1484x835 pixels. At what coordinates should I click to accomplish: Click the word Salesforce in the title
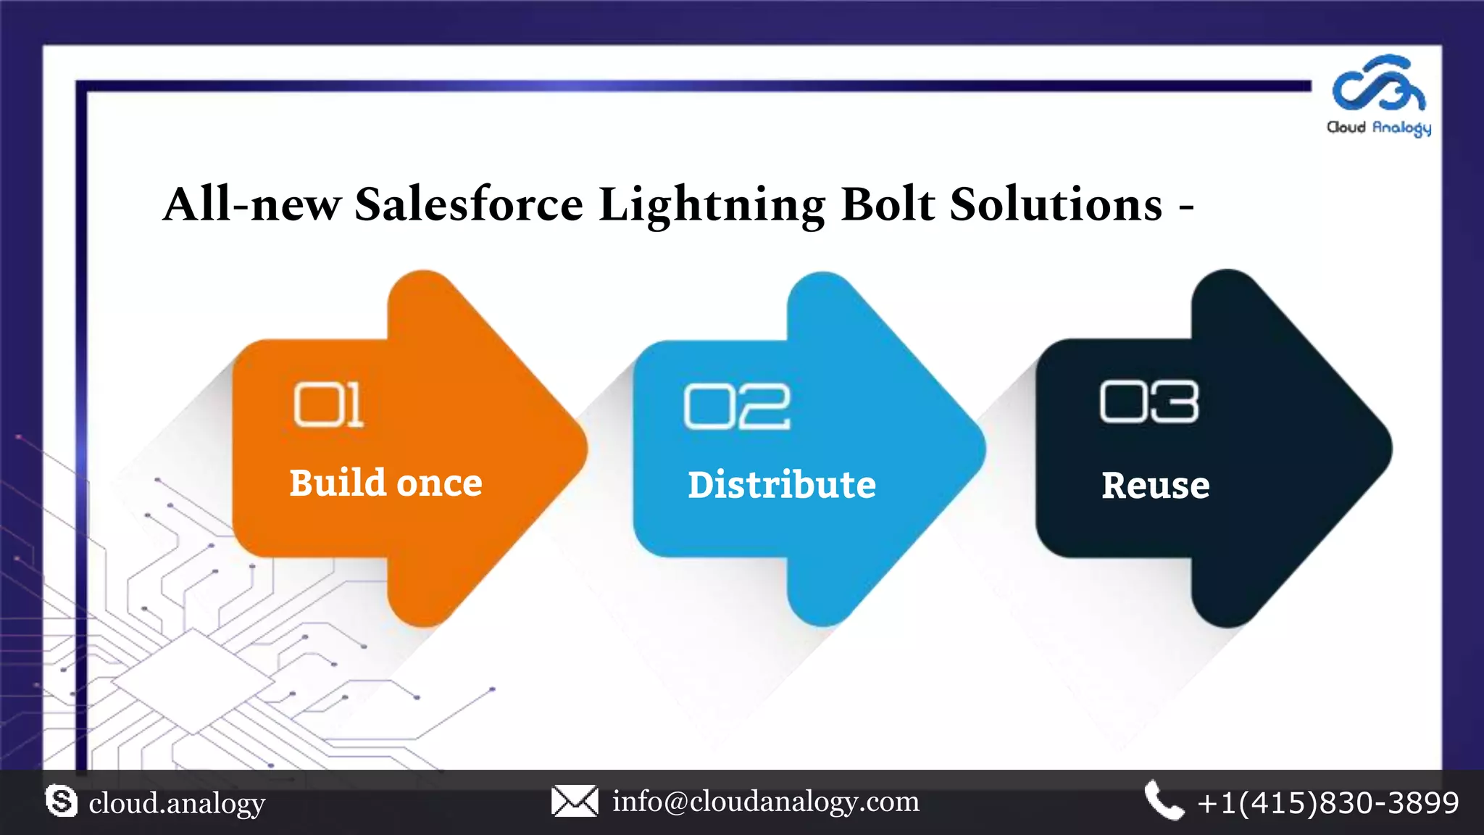point(468,204)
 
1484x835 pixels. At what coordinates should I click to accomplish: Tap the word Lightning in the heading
point(712,205)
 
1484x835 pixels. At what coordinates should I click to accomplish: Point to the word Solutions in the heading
point(1056,204)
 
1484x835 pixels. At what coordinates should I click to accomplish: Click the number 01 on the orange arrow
point(328,404)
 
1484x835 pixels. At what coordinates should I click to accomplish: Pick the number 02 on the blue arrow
point(736,406)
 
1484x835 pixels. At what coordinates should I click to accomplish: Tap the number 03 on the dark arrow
point(1149,402)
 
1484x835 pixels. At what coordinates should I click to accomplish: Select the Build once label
point(385,483)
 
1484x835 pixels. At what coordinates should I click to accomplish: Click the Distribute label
point(782,484)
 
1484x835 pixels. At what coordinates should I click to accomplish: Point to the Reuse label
point(1155,485)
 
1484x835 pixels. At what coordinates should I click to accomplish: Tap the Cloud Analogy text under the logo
point(1378,128)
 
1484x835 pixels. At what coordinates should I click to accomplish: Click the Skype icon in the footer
point(61,801)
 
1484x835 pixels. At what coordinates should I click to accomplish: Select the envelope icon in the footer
point(575,801)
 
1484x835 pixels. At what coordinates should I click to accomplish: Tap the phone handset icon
point(1163,800)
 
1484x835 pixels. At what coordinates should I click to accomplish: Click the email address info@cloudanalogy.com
point(766,802)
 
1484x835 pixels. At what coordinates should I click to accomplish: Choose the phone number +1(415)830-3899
point(1328,803)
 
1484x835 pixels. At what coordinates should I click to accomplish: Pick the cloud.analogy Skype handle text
point(177,803)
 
